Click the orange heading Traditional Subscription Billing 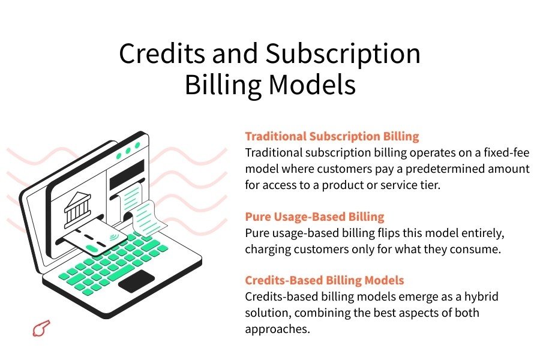pos(332,136)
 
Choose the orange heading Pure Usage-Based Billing pos(314,217)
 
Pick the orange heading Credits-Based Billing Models pos(324,280)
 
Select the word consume pos(480,249)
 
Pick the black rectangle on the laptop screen pos(126,169)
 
